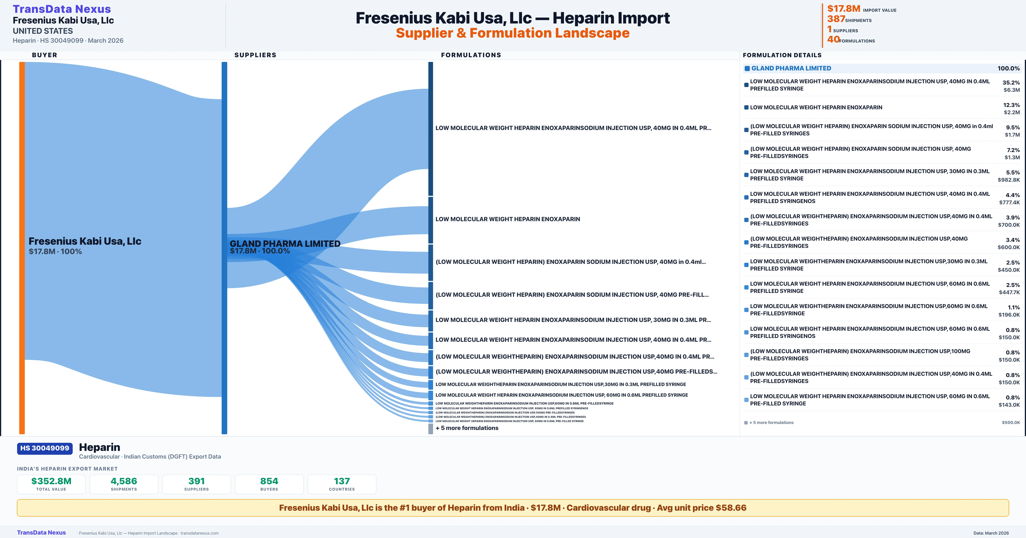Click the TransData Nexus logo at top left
coord(62,9)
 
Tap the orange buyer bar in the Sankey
coord(22,247)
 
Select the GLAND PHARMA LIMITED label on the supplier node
coord(285,244)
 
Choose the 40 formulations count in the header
coord(833,39)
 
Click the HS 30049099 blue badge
coord(45,449)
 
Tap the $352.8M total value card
coord(51,484)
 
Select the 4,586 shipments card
coord(124,484)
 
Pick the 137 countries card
coord(342,484)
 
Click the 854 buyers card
coord(269,484)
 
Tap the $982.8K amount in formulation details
coord(1008,180)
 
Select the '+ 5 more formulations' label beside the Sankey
coord(467,428)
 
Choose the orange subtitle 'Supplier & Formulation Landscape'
coord(513,33)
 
